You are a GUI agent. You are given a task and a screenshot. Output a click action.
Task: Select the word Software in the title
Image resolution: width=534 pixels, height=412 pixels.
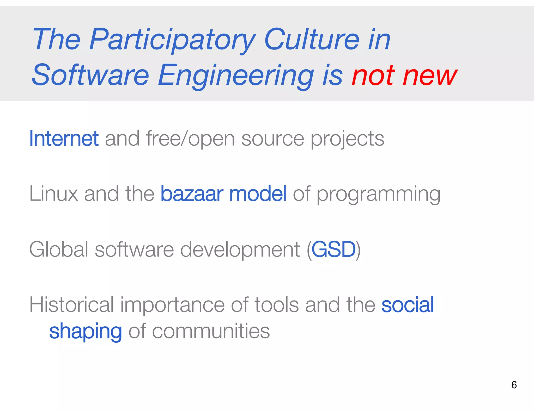point(90,76)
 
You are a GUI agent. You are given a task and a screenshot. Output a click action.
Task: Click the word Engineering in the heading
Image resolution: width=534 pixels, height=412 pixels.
point(236,76)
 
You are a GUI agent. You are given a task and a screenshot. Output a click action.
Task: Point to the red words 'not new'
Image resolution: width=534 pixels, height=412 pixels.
point(404,76)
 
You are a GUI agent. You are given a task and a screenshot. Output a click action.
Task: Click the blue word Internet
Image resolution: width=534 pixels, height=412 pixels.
point(64,139)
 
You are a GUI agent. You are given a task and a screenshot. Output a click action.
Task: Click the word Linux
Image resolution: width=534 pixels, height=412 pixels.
point(54,194)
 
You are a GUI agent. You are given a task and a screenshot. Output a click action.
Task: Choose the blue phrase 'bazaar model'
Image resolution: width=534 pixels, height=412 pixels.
point(223,194)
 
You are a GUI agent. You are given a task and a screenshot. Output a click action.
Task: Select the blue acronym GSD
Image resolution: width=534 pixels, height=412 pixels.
point(334,249)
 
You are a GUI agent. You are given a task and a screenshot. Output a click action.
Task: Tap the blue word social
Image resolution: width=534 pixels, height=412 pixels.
point(408,305)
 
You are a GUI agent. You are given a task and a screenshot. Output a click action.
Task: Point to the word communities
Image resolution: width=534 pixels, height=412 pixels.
point(211,331)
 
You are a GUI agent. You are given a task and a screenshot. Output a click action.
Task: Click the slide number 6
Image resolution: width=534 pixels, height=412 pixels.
point(514,385)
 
